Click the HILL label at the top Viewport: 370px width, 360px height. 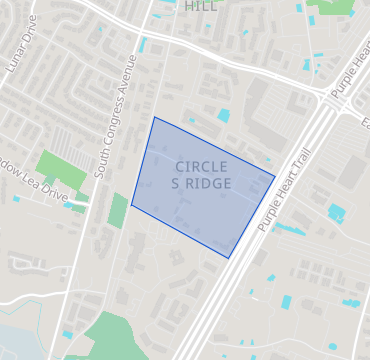tap(201, 6)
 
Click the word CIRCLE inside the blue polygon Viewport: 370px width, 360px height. tap(201, 166)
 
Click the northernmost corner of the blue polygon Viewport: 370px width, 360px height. tap(154, 117)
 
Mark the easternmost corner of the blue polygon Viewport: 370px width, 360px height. tap(275, 177)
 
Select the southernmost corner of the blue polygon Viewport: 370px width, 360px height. tap(229, 258)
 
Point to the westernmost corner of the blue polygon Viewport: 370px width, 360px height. tap(132, 205)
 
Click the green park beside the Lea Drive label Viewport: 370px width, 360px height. tap(61, 171)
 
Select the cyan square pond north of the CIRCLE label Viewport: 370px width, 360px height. tap(223, 116)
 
